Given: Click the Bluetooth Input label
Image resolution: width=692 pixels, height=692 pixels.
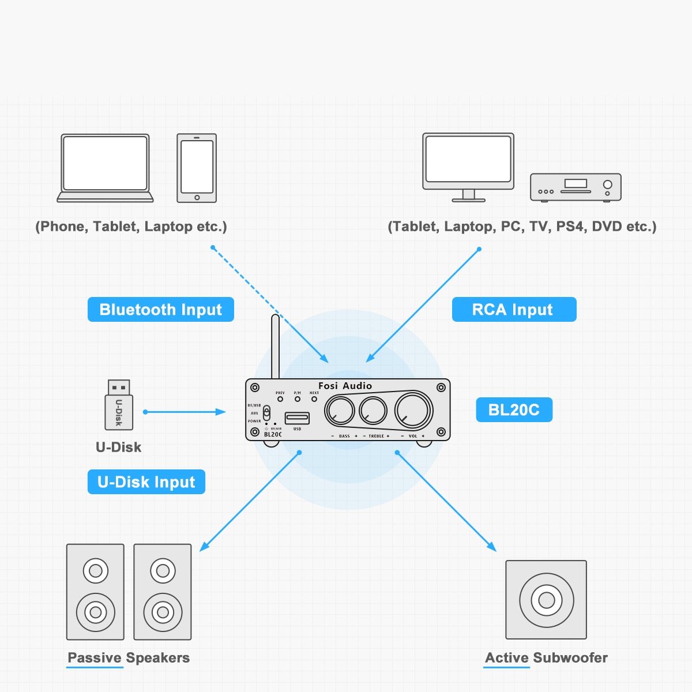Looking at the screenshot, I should pyautogui.click(x=160, y=310).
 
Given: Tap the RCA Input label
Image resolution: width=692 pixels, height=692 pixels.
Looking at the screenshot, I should pyautogui.click(x=514, y=310).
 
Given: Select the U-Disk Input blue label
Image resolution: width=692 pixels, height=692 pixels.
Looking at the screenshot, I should pyautogui.click(x=146, y=482).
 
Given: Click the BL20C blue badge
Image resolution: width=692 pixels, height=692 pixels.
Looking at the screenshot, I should pyautogui.click(x=514, y=410).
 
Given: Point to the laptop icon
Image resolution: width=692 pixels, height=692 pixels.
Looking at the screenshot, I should pyautogui.click(x=105, y=168).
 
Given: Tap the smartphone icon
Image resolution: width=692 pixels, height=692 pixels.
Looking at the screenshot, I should pyautogui.click(x=197, y=168).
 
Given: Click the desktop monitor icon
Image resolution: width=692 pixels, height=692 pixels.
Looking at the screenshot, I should pyautogui.click(x=468, y=166).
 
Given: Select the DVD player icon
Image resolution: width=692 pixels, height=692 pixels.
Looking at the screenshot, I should pyautogui.click(x=576, y=187).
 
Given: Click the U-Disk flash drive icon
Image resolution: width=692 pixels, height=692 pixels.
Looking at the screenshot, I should pyautogui.click(x=119, y=405).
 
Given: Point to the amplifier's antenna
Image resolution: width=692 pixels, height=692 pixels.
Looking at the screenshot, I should pyautogui.click(x=275, y=346).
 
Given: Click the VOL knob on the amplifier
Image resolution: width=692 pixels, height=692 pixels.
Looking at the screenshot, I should pyautogui.click(x=413, y=410).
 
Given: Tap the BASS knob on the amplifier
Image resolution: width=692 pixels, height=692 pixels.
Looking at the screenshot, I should pyautogui.click(x=340, y=411).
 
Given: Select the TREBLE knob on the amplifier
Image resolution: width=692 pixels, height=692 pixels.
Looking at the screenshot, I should pyautogui.click(x=373, y=411).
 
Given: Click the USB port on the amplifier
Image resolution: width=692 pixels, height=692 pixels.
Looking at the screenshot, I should pyautogui.click(x=297, y=418).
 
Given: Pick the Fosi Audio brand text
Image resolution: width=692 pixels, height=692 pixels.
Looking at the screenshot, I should pyautogui.click(x=345, y=386).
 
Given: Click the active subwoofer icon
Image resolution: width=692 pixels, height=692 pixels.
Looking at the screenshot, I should pyautogui.click(x=546, y=600).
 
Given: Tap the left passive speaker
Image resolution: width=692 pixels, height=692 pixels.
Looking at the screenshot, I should pyautogui.click(x=95, y=592).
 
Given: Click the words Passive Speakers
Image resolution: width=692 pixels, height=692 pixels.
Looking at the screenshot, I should pyautogui.click(x=129, y=658).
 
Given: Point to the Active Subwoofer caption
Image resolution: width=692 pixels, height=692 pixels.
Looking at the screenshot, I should pyautogui.click(x=546, y=658).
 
